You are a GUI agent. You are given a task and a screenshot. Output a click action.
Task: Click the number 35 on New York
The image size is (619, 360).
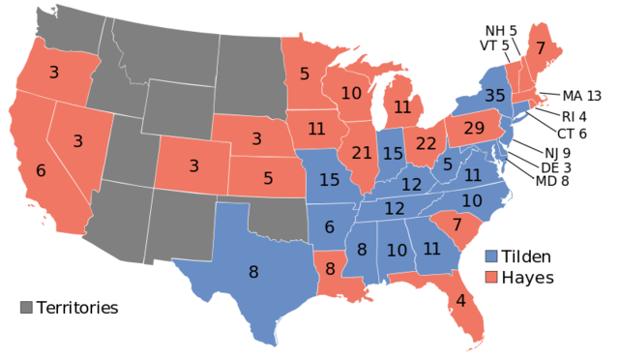point(495,96)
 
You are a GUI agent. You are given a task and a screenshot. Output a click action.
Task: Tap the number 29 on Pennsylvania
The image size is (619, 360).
point(474,129)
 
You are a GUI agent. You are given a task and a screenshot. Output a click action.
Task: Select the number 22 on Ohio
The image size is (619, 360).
point(427,143)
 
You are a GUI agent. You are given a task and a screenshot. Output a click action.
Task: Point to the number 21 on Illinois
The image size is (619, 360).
point(362,153)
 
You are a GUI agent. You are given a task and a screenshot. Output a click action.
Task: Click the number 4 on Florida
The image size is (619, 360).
point(460,301)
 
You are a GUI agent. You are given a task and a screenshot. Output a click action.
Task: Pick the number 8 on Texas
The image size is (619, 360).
point(253,273)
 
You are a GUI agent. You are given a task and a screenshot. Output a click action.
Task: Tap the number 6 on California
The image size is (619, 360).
point(41,170)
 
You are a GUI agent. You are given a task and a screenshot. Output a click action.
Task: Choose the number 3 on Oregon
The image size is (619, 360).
point(53,73)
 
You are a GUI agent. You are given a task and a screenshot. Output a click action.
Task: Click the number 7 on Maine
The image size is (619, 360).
point(541,48)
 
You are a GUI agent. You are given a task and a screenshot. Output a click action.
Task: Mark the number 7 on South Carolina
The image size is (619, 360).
point(457,225)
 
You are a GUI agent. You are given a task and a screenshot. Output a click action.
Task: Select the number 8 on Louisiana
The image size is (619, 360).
point(330,269)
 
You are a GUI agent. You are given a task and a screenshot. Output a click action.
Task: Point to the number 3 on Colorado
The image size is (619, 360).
point(193,166)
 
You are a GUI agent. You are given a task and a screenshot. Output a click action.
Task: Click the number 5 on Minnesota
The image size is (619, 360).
point(305,74)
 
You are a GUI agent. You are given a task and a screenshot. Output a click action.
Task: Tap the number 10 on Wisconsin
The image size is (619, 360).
point(351,94)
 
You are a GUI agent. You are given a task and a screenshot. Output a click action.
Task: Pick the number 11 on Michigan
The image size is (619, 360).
point(402,107)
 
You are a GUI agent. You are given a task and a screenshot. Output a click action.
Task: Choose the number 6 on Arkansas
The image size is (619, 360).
point(330,227)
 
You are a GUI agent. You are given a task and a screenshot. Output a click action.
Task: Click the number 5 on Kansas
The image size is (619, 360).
point(268,179)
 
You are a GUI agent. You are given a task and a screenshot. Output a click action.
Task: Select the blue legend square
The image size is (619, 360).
point(491,256)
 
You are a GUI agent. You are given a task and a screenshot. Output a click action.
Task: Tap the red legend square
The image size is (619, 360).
point(491,276)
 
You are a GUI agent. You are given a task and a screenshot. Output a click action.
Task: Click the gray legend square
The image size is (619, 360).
point(26,307)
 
